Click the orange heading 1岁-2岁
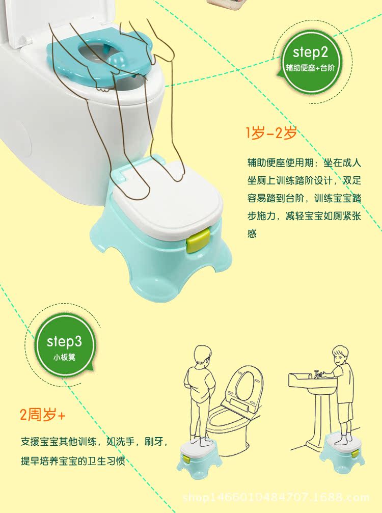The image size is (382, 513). [x=271, y=134]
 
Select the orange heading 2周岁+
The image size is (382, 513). [x=43, y=415]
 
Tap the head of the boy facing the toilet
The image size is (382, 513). [x=203, y=355]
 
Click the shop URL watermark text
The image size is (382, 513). [x=283, y=498]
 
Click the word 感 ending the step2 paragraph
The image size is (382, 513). [x=253, y=234]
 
